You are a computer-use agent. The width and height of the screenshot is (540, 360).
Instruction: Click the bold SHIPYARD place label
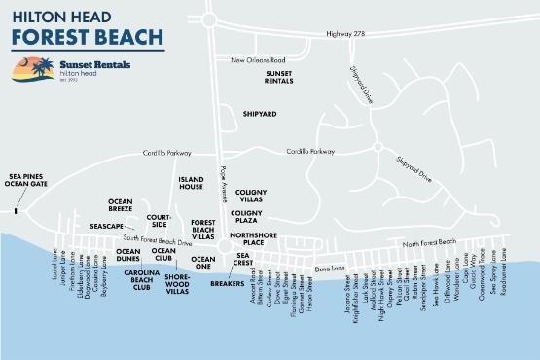pyautogui.click(x=260, y=114)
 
